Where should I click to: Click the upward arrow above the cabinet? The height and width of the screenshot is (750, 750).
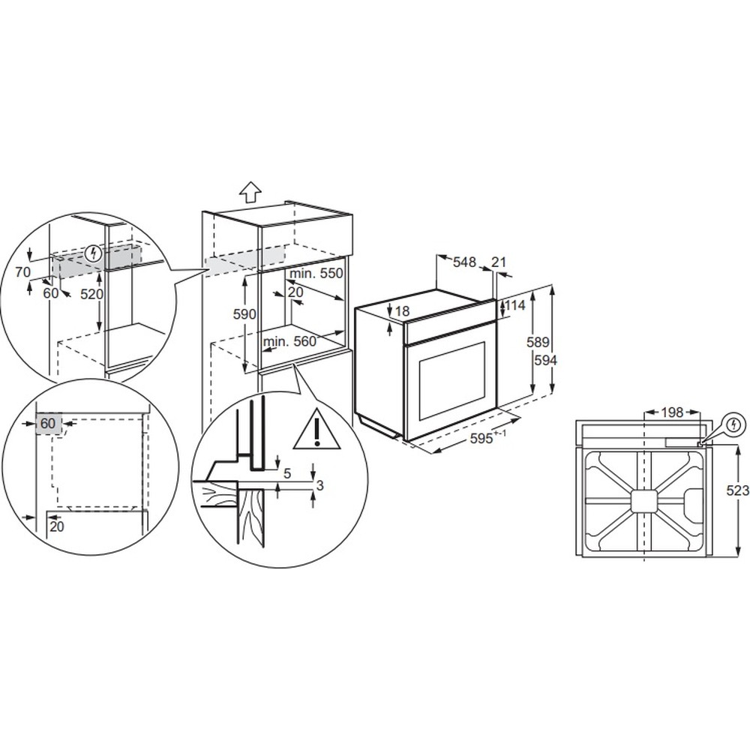click(250, 193)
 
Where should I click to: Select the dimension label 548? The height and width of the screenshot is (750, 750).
click(464, 262)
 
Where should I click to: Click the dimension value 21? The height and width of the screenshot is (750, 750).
click(499, 262)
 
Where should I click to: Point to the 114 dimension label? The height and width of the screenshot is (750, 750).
click(514, 304)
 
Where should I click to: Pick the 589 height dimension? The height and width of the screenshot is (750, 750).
click(538, 342)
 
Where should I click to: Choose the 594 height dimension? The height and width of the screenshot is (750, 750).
click(545, 360)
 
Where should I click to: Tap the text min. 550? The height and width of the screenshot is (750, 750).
click(316, 273)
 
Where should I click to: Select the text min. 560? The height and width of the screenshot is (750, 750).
click(289, 341)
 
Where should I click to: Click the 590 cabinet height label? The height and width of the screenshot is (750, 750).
click(244, 314)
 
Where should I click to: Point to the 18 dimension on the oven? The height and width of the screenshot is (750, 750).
click(403, 311)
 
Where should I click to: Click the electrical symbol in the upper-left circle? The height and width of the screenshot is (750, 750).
click(94, 253)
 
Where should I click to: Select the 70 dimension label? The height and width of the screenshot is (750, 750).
click(22, 272)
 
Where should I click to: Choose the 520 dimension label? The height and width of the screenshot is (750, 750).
click(91, 293)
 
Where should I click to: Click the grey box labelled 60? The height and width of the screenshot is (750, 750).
click(48, 424)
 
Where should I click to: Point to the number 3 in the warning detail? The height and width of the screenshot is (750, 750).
click(320, 485)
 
